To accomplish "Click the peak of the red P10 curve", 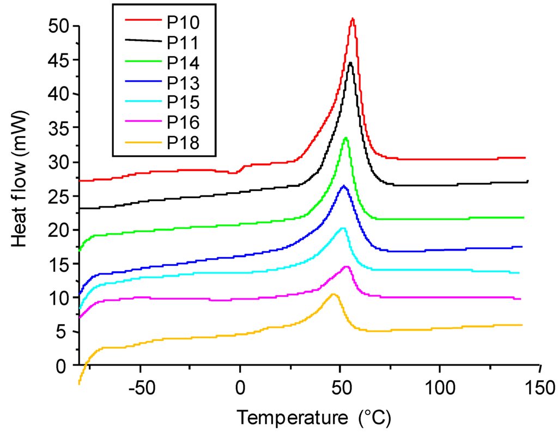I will (x=353, y=19).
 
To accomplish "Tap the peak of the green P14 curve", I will (x=345, y=138).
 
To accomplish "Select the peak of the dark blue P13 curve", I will (x=343, y=186).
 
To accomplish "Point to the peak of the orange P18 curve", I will (x=333, y=294).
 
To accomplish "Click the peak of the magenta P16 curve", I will (x=346, y=267).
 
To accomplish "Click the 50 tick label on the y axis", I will (x=58, y=26).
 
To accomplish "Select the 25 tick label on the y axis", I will (x=58, y=196).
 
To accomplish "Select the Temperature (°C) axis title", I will (x=313, y=418).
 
